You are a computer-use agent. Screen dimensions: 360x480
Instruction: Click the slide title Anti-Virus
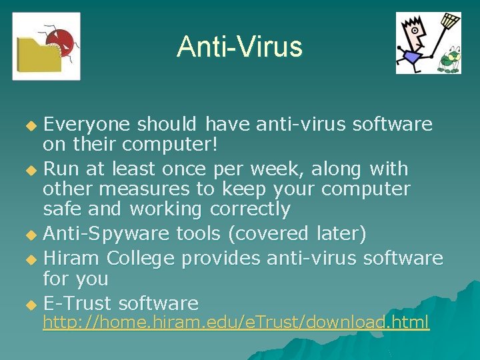[x=239, y=47]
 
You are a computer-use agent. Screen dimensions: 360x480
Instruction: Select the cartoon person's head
[x=415, y=31]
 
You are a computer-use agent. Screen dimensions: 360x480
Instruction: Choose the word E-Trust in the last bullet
[x=77, y=304]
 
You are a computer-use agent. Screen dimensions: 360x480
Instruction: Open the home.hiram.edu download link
[x=236, y=323]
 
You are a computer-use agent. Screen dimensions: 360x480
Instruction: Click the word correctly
[x=250, y=209]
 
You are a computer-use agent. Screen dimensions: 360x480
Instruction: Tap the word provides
[x=222, y=258]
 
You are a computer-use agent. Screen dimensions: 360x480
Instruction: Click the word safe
[x=62, y=209]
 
